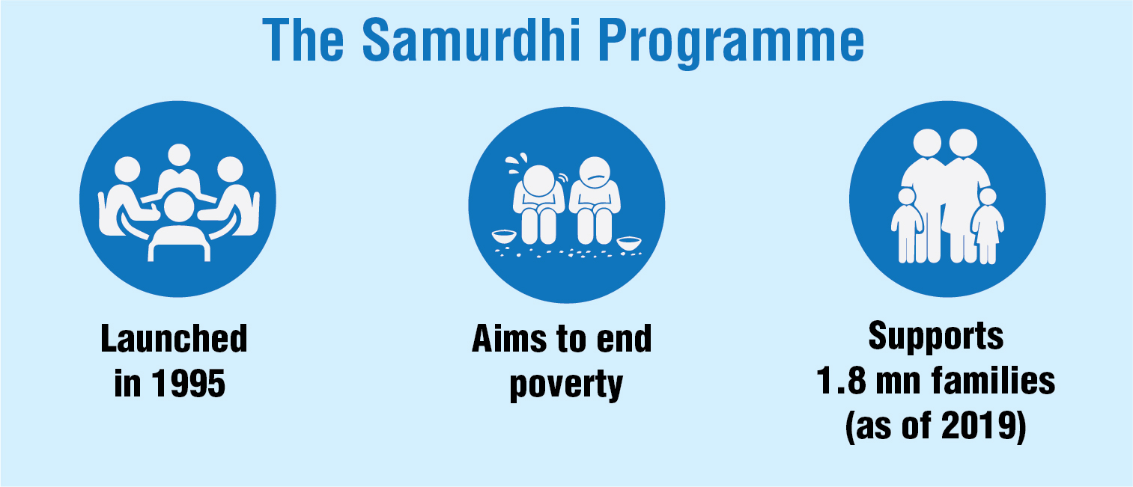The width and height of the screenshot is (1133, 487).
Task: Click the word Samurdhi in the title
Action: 472,40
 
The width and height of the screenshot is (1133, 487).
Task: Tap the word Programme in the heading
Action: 732,43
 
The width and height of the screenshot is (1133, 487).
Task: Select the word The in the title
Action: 303,40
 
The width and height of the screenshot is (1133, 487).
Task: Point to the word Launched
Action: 174,338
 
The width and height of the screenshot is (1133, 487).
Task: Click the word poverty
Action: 566,386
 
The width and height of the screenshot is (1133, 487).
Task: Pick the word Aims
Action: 510,338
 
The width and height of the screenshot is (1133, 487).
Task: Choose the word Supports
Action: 936,335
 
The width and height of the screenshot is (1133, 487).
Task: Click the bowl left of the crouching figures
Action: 504,236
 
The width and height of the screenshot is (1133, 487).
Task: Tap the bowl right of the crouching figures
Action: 629,243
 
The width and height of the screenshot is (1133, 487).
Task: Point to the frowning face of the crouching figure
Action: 595,173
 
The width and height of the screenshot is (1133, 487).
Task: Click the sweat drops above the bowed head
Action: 517,163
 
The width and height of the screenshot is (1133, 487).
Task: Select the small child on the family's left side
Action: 907,225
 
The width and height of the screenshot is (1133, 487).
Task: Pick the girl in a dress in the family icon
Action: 987,226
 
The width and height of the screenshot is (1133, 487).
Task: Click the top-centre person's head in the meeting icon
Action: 178,155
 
